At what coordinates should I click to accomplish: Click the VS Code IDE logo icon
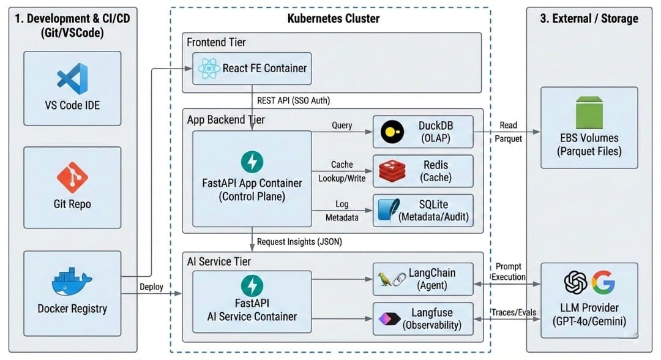[72, 79]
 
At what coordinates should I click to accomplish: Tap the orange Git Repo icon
[72, 178]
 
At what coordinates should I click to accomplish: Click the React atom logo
[209, 69]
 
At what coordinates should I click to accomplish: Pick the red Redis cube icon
[392, 171]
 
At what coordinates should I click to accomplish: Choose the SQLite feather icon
[387, 209]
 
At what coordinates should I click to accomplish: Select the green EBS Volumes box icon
[589, 113]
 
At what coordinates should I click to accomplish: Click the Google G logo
[603, 282]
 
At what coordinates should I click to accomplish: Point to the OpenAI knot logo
[575, 282]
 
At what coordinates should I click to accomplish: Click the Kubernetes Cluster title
[333, 18]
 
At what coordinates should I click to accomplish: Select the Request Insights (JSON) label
[299, 242]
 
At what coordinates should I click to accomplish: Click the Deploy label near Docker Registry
[151, 287]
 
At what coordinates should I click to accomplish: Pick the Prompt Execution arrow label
[509, 272]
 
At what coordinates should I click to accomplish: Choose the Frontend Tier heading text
[216, 42]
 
